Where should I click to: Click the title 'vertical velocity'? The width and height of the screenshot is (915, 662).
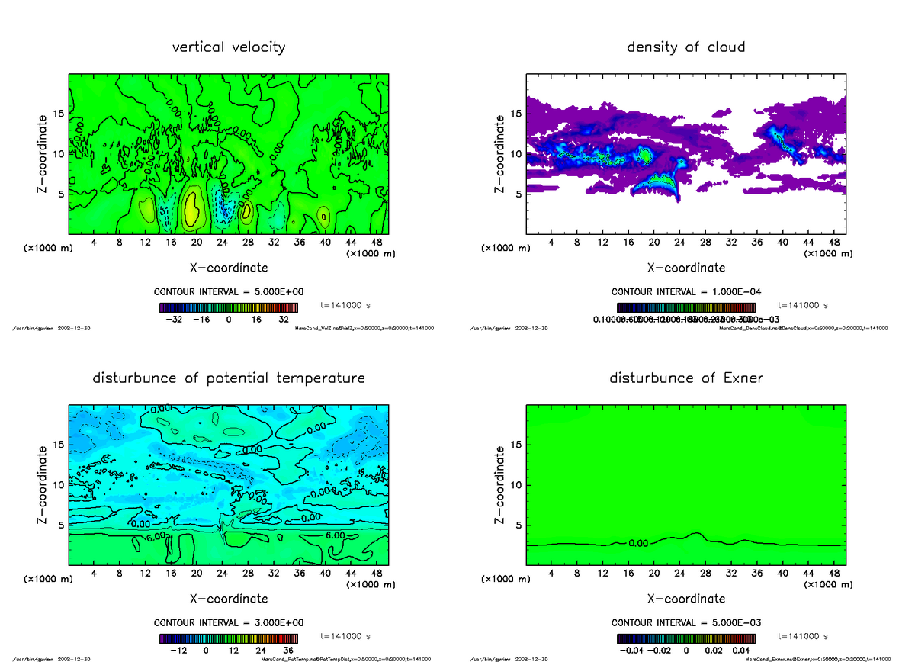point(229,47)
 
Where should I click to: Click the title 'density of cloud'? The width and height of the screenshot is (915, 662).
point(685,47)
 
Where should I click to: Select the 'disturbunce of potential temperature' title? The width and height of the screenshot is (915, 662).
point(229,378)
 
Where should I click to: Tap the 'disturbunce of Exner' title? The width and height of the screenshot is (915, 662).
point(685,378)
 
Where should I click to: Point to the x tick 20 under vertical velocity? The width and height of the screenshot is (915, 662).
point(197,243)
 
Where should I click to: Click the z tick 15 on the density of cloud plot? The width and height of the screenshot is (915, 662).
point(515,114)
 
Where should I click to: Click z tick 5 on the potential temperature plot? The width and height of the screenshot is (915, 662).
point(60,525)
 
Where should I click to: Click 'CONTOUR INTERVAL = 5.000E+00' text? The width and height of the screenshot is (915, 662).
point(229,292)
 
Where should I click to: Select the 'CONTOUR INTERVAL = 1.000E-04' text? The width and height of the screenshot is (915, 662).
point(686,292)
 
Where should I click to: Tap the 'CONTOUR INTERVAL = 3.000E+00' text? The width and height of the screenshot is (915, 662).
point(229,622)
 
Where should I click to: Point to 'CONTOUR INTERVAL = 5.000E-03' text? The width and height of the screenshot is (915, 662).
point(686,622)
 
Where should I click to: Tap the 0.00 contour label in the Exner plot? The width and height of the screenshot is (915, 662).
point(638,544)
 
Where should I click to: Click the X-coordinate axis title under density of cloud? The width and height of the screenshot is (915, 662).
point(685,268)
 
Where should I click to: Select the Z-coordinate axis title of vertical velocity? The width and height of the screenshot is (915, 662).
point(45,153)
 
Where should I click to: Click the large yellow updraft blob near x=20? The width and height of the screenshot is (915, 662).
point(193,207)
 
